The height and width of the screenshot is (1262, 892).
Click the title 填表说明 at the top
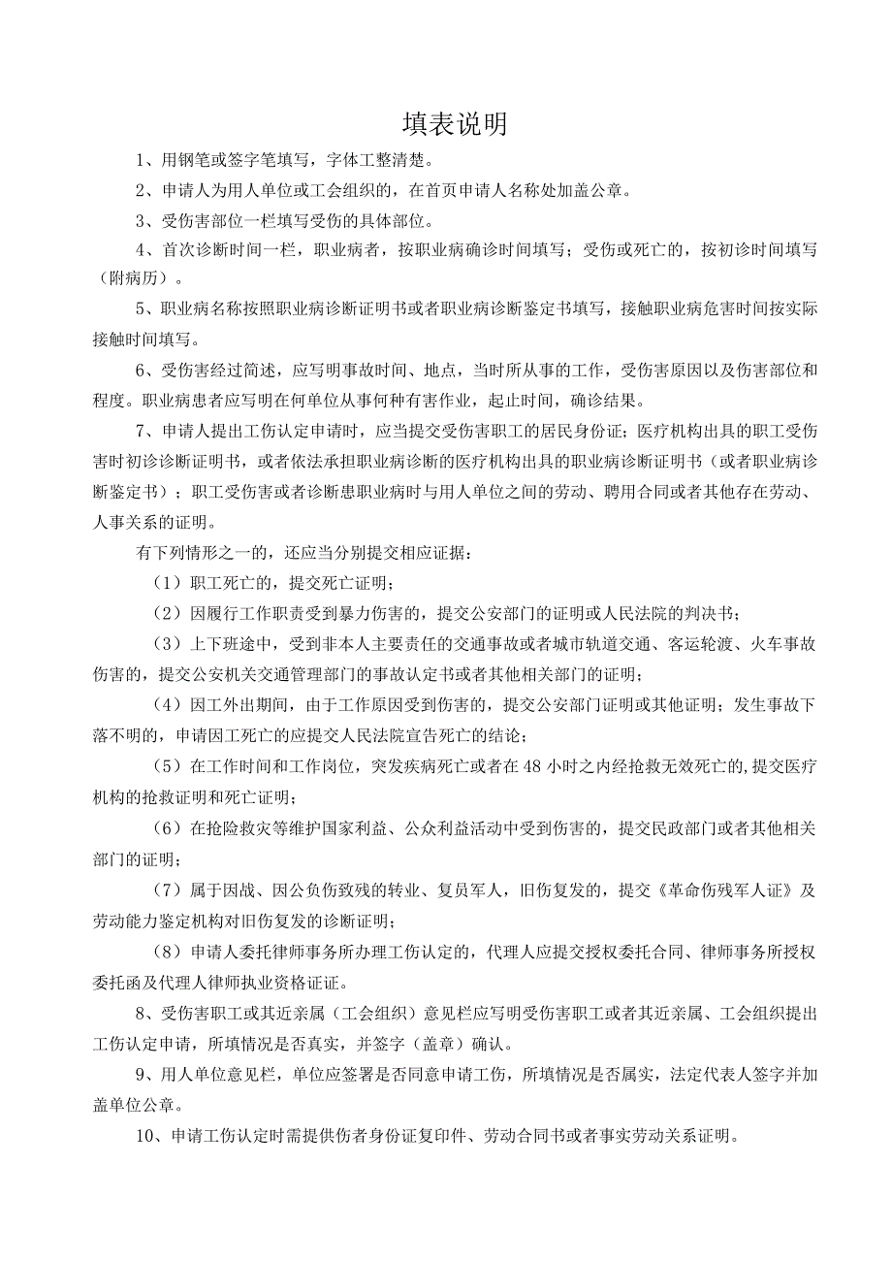pyautogui.click(x=455, y=124)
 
